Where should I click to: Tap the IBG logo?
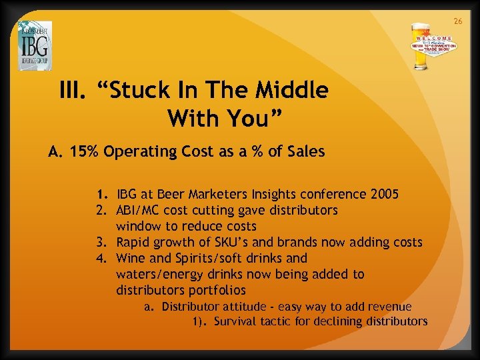[x=35, y=46]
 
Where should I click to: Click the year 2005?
[x=383, y=195]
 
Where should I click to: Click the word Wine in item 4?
[x=131, y=258]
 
